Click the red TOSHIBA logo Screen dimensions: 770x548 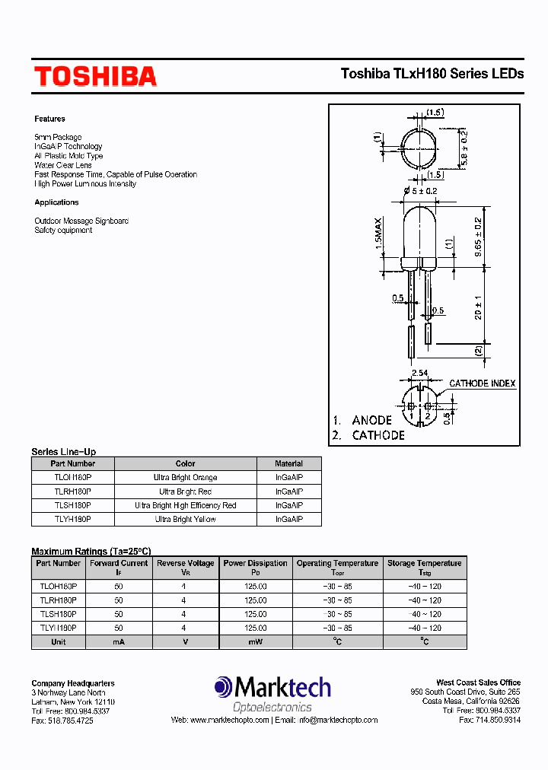(x=95, y=76)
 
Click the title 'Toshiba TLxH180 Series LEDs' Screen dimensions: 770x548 (x=432, y=74)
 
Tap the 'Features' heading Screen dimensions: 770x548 (x=49, y=119)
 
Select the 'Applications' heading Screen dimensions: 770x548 (x=56, y=202)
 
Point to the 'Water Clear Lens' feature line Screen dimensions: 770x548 (x=63, y=165)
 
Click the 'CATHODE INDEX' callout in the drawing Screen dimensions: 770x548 (x=482, y=383)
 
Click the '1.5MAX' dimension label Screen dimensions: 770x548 (x=378, y=241)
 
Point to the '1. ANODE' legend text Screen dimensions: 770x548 (x=362, y=420)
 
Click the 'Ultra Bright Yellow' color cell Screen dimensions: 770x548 (x=185, y=519)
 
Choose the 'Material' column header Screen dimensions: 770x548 (x=288, y=463)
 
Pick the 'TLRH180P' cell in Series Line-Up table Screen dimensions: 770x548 (x=73, y=492)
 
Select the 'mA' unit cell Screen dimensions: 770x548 (x=118, y=641)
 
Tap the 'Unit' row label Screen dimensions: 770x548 (x=58, y=641)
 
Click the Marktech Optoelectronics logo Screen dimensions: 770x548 (x=272, y=694)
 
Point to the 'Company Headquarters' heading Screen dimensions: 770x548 (x=73, y=683)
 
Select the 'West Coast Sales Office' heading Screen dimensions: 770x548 (x=478, y=682)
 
